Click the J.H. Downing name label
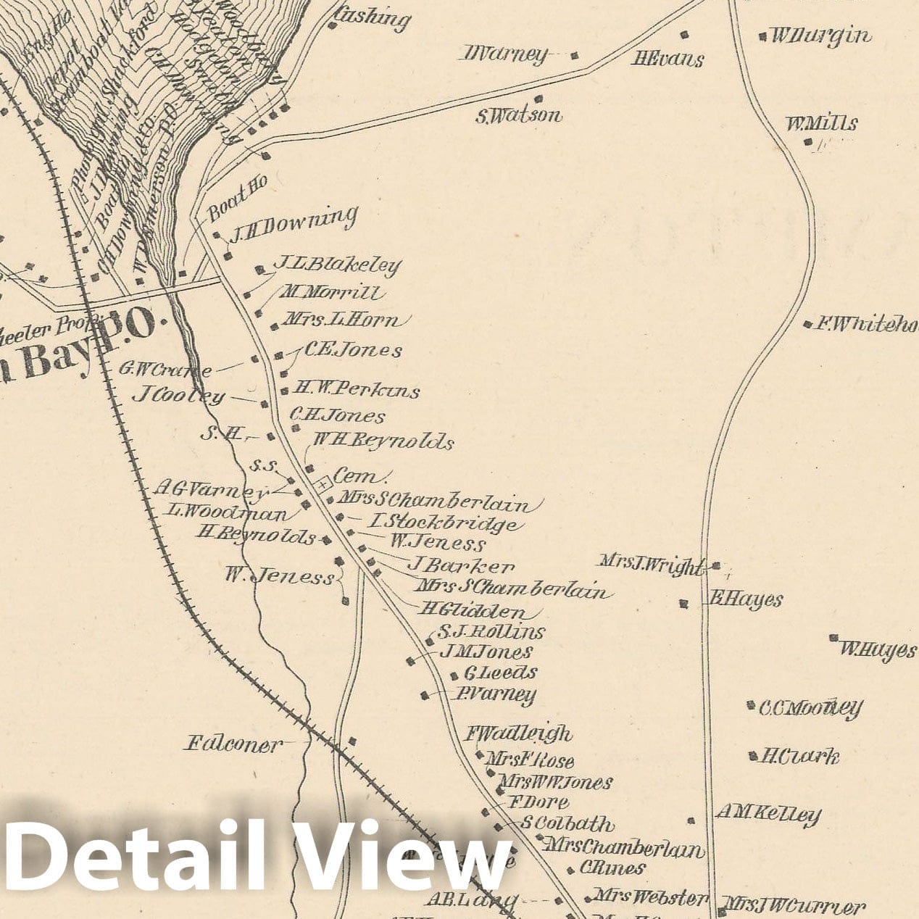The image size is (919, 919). (294, 222)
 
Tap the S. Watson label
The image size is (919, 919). (519, 115)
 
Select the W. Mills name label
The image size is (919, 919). (822, 124)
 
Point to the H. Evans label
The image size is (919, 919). (668, 59)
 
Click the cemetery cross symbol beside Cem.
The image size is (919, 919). (322, 482)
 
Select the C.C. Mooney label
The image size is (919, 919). (810, 707)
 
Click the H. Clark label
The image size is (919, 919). (799, 757)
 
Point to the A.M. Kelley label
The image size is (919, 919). (768, 814)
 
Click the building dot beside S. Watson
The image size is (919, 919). (538, 99)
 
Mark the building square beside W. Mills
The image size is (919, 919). (808, 142)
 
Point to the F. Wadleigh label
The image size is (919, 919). (518, 733)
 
